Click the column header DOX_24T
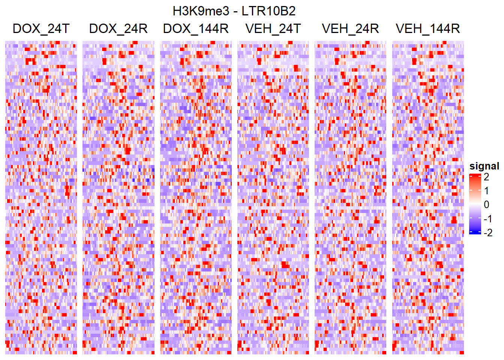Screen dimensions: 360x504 coord(41,28)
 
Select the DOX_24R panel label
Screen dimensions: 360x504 coord(118,28)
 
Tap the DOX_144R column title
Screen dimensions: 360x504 coord(196,28)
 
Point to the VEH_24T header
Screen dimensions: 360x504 coord(273,28)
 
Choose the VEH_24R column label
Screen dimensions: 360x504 coord(350,28)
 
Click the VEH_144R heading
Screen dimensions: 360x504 coord(428,28)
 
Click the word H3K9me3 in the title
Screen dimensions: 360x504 coord(201,11)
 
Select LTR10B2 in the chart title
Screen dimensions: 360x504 coord(268,11)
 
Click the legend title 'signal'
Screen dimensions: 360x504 coord(484,166)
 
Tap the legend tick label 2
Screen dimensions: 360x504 coord(486,177)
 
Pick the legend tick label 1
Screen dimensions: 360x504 coord(486,190)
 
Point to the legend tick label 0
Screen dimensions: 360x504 coord(486,205)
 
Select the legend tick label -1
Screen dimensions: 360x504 coord(488,219)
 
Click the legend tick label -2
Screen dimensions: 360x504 coord(488,233)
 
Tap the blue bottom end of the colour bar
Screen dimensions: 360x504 coord(475,232)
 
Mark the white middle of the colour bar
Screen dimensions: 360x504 coord(475,205)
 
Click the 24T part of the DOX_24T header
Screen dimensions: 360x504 coord(58,28)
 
